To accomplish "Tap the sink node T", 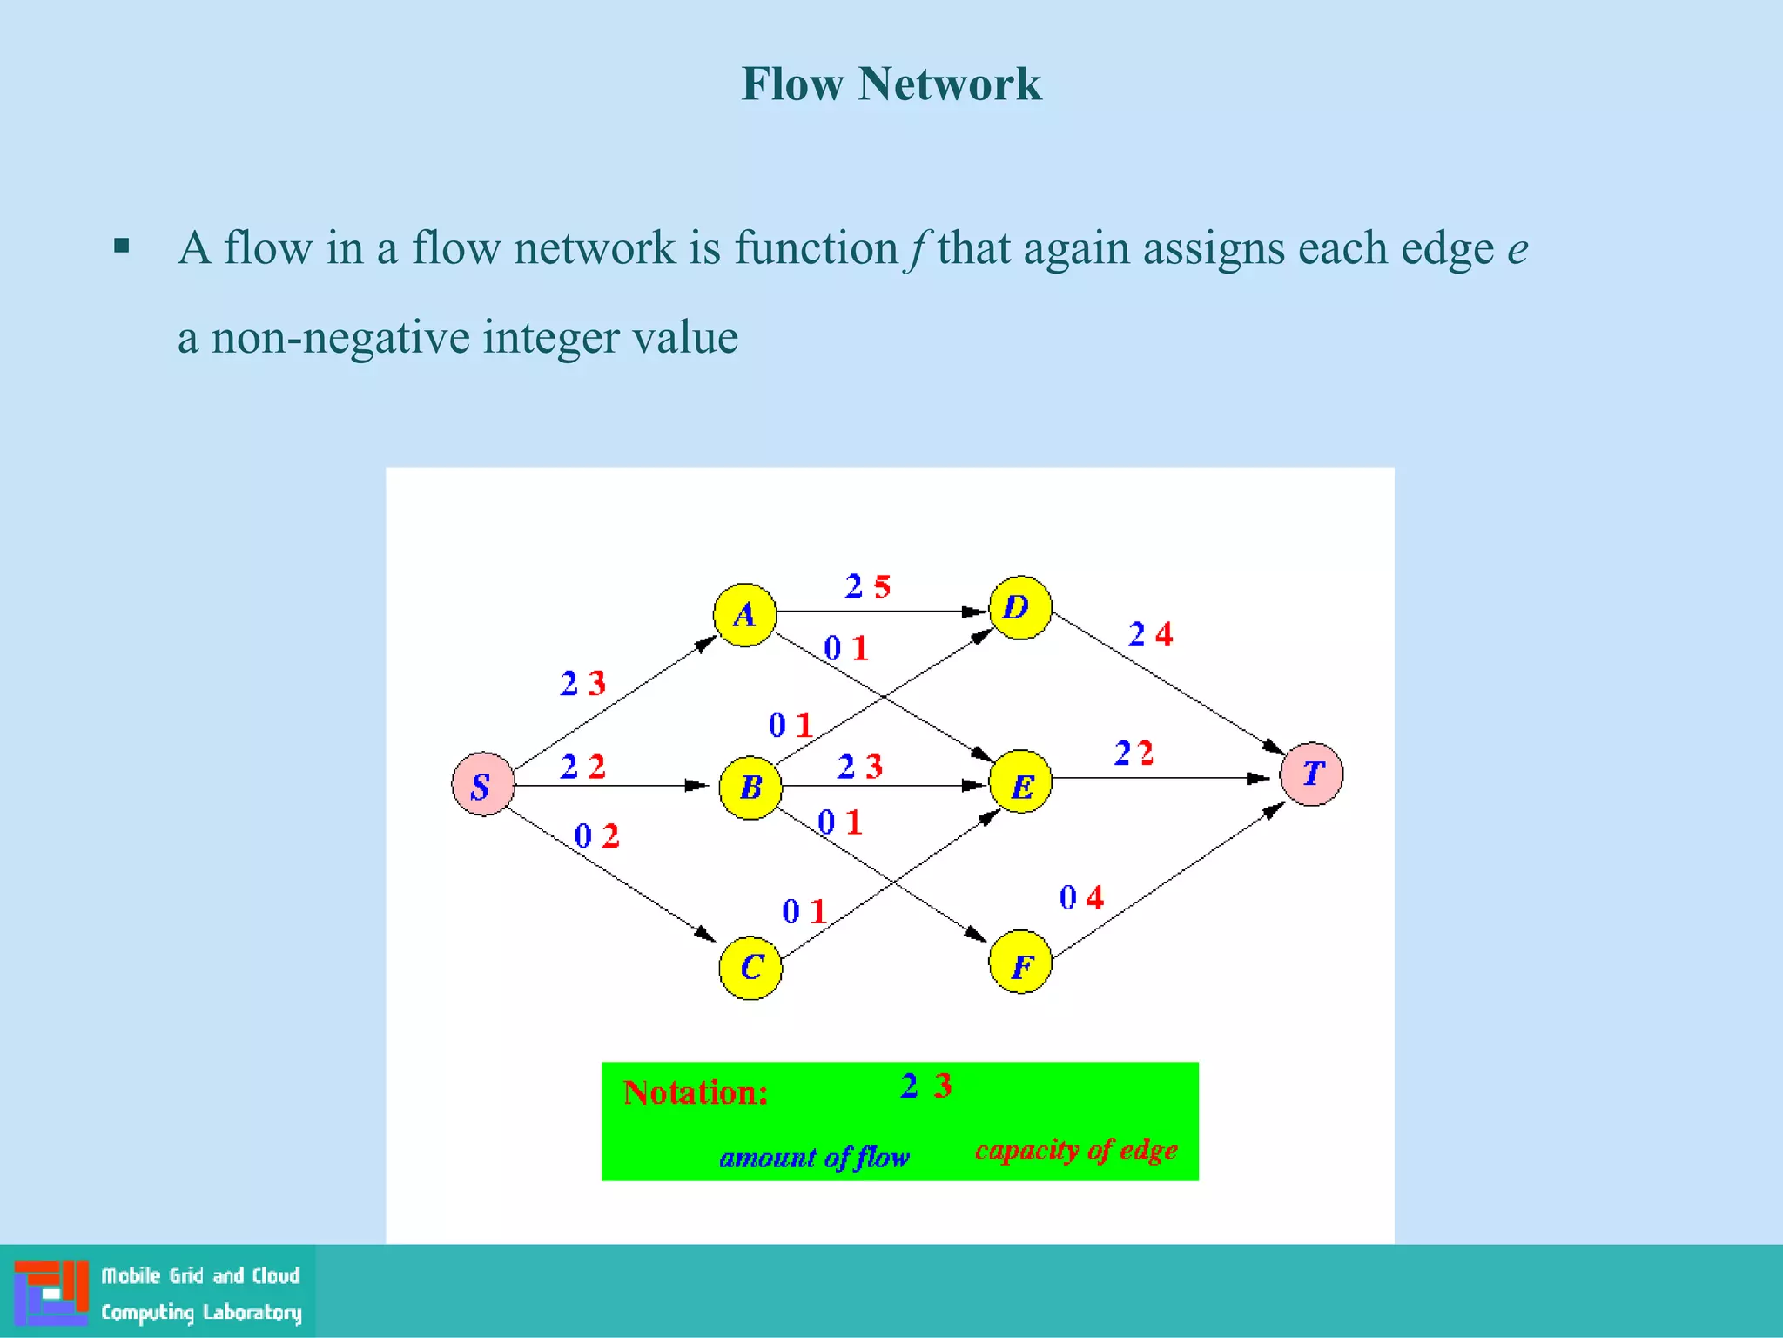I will (x=1311, y=774).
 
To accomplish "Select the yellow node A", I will (x=744, y=615).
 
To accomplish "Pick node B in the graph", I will (x=750, y=787).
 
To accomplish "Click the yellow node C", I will (x=750, y=968).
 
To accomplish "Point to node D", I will (x=1019, y=607).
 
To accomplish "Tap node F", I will (x=1020, y=962).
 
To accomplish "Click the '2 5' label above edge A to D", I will (x=868, y=586).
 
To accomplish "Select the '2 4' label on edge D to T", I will (x=1150, y=634).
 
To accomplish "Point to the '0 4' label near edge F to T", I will (x=1081, y=897).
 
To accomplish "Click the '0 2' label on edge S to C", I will (x=596, y=836).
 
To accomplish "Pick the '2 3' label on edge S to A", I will (x=582, y=683).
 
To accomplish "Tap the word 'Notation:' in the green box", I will (x=696, y=1092).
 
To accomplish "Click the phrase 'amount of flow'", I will (x=814, y=1157).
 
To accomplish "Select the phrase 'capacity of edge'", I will (x=1076, y=1150).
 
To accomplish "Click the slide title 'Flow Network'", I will (x=891, y=84).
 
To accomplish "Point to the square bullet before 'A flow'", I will (x=122, y=246).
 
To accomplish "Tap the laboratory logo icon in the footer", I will (x=51, y=1292).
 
